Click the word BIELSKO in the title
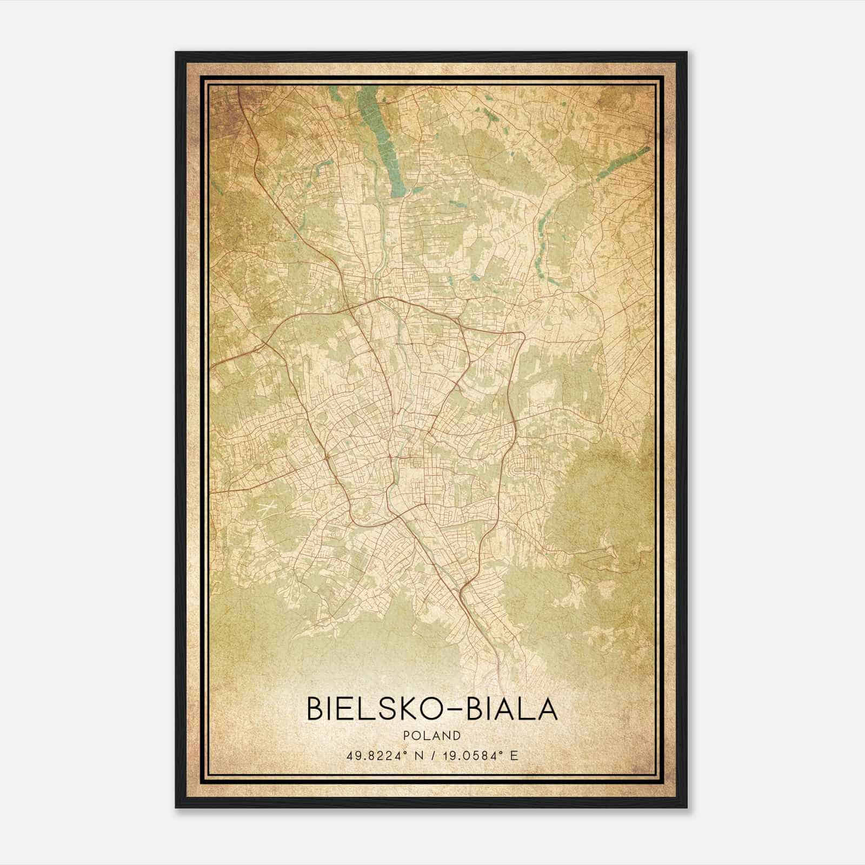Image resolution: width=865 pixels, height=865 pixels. pos(368,709)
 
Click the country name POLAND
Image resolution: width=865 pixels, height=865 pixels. pos(432,735)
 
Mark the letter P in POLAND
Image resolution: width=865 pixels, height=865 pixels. pos(405,735)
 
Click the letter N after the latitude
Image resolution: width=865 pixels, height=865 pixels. pos(416,755)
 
